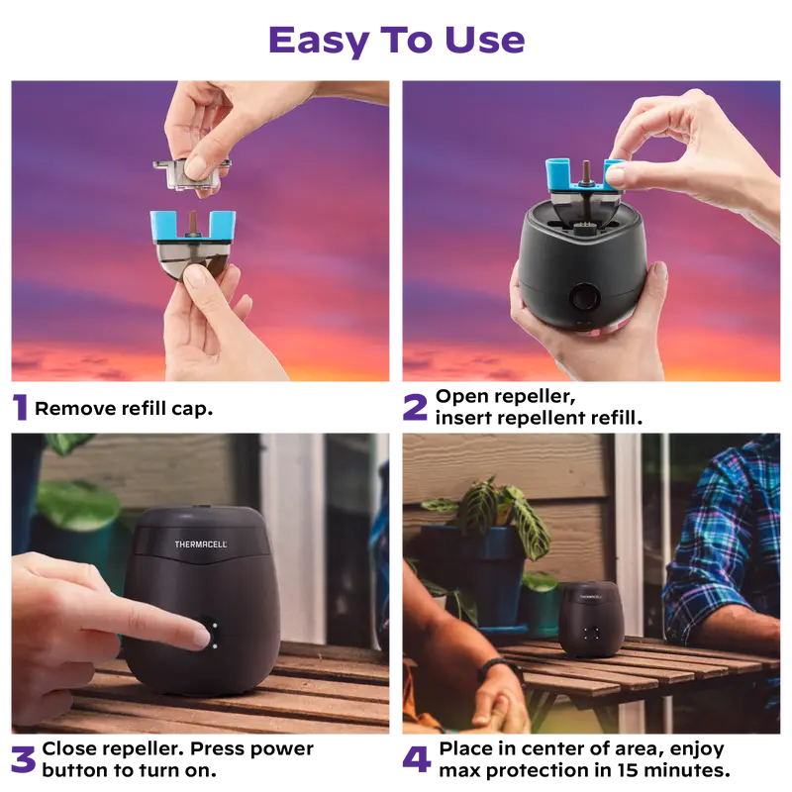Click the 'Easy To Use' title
click(x=397, y=41)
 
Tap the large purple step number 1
click(x=20, y=407)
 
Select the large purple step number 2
click(x=415, y=407)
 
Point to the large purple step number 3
click(x=23, y=759)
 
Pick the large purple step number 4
click(x=416, y=759)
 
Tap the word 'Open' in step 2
click(x=457, y=397)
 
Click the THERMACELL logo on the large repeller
click(x=201, y=544)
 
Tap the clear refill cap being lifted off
click(x=192, y=172)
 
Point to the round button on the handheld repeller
click(x=585, y=297)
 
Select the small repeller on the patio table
click(x=590, y=620)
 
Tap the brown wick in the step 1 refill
click(x=192, y=222)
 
